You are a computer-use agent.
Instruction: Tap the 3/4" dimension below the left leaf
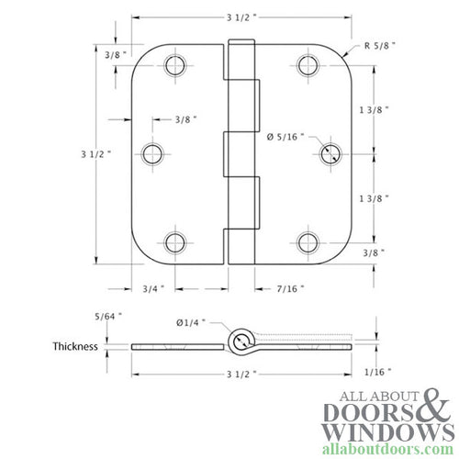(x=154, y=289)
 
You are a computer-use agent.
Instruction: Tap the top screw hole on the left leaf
(x=174, y=65)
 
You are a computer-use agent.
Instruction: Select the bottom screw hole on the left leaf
(x=174, y=242)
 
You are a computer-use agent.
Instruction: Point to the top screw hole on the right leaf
(x=307, y=65)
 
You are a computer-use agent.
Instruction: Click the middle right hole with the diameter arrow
(x=329, y=153)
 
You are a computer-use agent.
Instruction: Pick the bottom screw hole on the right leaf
(x=307, y=242)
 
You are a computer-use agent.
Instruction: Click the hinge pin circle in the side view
(x=242, y=343)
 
